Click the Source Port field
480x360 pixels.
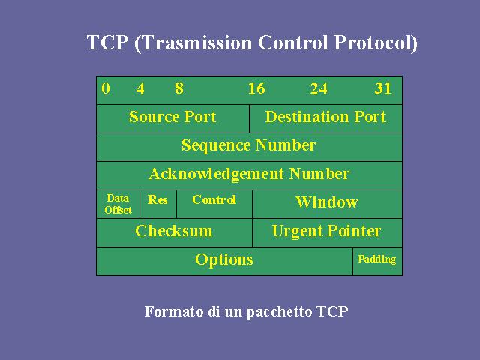(x=173, y=118)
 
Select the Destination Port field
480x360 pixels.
(x=326, y=118)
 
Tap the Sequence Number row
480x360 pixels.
(x=249, y=147)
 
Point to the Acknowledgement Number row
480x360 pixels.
(x=249, y=175)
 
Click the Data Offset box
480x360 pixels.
(x=118, y=204)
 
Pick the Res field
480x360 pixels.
(x=158, y=204)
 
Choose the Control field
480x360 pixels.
(x=214, y=204)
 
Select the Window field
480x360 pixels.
(x=327, y=204)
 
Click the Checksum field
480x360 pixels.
(x=175, y=232)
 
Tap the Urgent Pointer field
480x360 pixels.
(x=327, y=232)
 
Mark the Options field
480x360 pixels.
(x=224, y=261)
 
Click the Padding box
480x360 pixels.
(x=377, y=261)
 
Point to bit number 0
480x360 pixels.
(x=106, y=88)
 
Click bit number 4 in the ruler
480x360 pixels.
(x=140, y=88)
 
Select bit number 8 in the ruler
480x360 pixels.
(x=179, y=88)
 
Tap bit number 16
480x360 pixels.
(x=256, y=88)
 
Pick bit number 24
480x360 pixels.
(x=319, y=88)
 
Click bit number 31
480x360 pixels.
(x=383, y=88)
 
